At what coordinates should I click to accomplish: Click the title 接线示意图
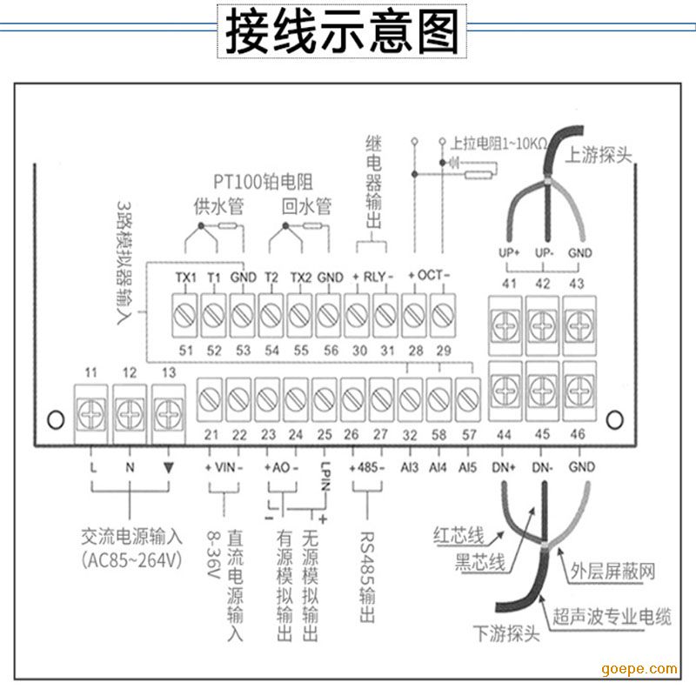[342, 34]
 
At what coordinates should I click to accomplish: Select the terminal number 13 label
[168, 372]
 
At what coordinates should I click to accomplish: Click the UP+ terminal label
[509, 252]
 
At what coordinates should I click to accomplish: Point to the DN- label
[545, 467]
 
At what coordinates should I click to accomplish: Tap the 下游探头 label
[506, 634]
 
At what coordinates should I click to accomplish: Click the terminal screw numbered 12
[130, 406]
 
